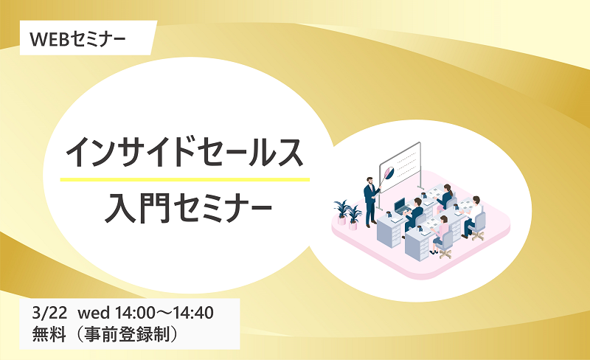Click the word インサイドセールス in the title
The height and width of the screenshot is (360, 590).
[184, 153]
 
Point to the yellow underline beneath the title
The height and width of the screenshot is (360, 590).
[185, 179]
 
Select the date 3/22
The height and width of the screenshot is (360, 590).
[49, 313]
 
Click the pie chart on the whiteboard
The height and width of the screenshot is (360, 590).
[389, 173]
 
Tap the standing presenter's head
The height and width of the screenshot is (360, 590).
[370, 181]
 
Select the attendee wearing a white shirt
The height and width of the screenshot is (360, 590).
[472, 215]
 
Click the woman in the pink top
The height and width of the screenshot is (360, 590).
[441, 233]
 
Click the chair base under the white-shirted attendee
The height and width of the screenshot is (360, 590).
[478, 235]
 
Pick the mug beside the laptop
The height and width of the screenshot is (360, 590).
[389, 214]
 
